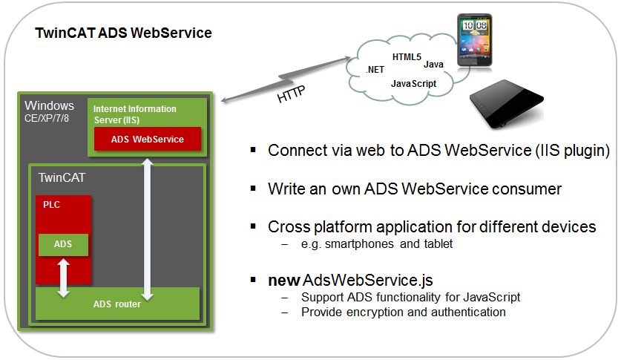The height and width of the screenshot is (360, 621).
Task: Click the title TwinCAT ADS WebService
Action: click(x=124, y=33)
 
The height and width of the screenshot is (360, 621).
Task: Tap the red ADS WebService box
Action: click(x=147, y=139)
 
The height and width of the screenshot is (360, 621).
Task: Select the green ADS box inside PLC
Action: click(x=63, y=244)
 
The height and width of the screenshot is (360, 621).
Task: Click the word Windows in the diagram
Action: click(x=50, y=105)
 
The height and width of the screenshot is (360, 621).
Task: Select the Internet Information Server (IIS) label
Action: click(x=134, y=114)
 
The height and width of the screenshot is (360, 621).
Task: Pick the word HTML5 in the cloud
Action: click(x=407, y=57)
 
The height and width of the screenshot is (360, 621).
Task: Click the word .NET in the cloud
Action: click(x=375, y=69)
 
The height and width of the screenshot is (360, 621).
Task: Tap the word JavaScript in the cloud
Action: click(x=413, y=85)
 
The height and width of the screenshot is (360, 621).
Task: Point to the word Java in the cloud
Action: click(x=434, y=65)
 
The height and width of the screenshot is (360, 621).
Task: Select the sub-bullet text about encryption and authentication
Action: click(x=403, y=312)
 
